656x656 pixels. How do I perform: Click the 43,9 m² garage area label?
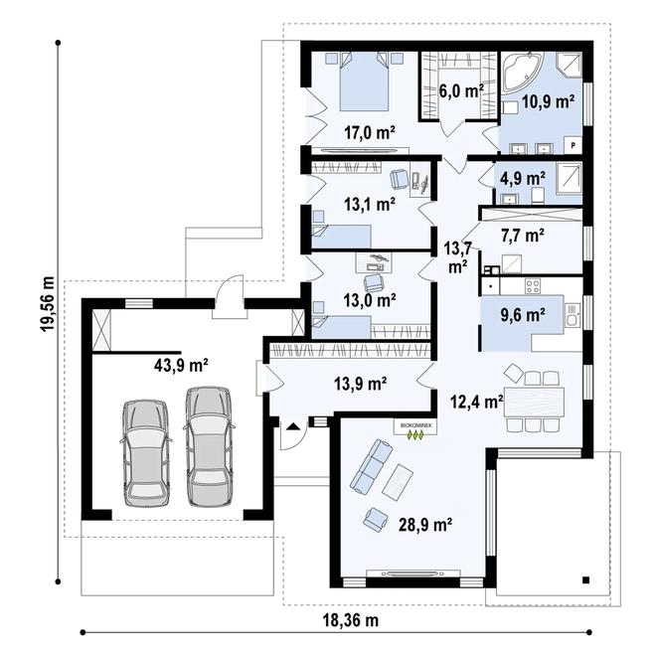pos(181,366)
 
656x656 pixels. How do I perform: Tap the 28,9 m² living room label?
pos(425,524)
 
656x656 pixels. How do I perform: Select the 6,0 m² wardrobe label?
pos(461,89)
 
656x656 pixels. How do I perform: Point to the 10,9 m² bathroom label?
pos(548,101)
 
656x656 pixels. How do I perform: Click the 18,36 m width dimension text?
pos(351,620)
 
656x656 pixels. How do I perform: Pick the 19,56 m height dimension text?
pos(48,304)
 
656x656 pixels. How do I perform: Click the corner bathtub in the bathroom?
pos(523,72)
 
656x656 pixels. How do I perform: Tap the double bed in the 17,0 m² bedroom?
pos(365,82)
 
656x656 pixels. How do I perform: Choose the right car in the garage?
pos(209,446)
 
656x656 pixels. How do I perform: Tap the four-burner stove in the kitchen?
pos(533,286)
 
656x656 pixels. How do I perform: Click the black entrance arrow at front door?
pos(293,426)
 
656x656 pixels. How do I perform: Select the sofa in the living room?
pos(371,465)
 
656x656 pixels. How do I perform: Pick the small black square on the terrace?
pos(585,580)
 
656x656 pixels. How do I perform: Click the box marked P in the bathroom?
pos(574,145)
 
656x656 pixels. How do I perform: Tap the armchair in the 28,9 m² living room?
pos(376,520)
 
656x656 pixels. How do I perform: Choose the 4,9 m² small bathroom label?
pos(523,179)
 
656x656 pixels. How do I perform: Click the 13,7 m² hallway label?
pos(457,257)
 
